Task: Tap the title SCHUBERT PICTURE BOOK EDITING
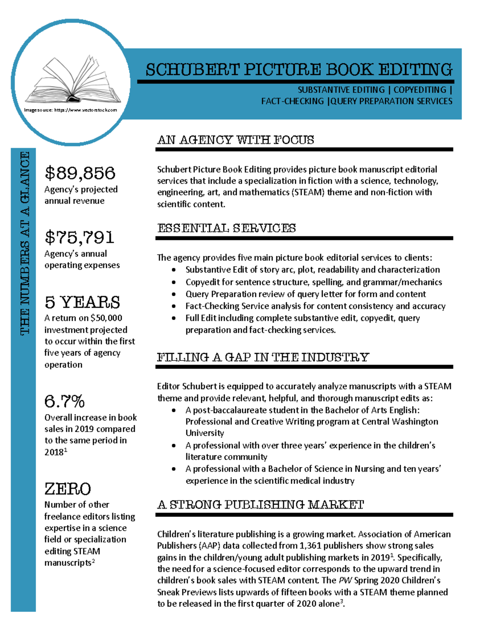pos(298,70)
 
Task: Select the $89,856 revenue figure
pos(80,173)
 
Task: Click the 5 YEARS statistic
pos(82,302)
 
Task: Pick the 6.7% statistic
pos(65,401)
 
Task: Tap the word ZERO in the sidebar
pos(67,489)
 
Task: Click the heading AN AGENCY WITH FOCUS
pos(236,140)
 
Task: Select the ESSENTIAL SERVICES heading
pos(226,228)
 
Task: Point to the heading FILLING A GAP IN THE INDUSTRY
pos(263,357)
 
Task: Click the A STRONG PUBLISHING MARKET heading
pos(260,505)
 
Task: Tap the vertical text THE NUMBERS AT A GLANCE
pos(25,243)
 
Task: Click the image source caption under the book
pos(71,110)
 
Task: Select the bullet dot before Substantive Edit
pos(174,270)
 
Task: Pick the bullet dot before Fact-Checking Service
pos(174,306)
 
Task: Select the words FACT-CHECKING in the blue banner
pos(292,101)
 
